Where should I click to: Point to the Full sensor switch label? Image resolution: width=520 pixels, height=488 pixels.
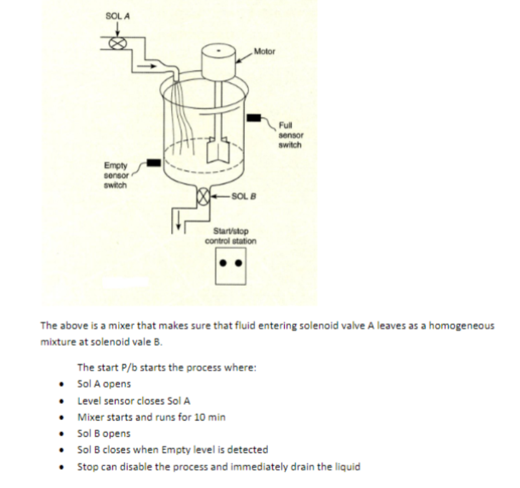[x=290, y=135]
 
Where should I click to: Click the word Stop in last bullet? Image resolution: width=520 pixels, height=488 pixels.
[x=86, y=466]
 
